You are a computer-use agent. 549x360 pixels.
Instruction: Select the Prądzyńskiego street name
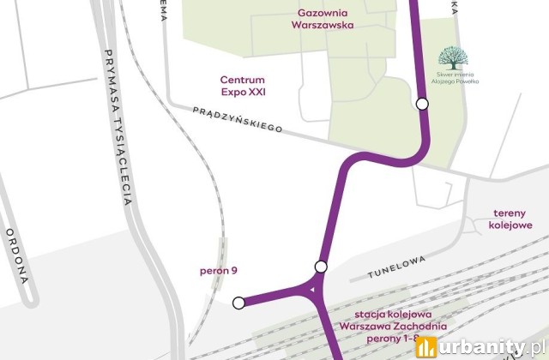click(238, 120)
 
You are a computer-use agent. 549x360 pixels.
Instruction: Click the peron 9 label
click(218, 271)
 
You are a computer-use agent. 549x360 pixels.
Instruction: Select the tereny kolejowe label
click(514, 219)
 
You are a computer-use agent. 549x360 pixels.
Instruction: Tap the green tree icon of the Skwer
click(453, 58)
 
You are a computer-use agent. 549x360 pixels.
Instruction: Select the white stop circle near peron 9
click(239, 302)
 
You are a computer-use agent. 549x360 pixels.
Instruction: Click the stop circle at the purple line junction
click(321, 267)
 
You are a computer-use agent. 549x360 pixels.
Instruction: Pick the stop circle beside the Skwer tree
click(422, 104)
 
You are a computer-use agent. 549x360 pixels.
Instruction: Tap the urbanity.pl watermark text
click(492, 346)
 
